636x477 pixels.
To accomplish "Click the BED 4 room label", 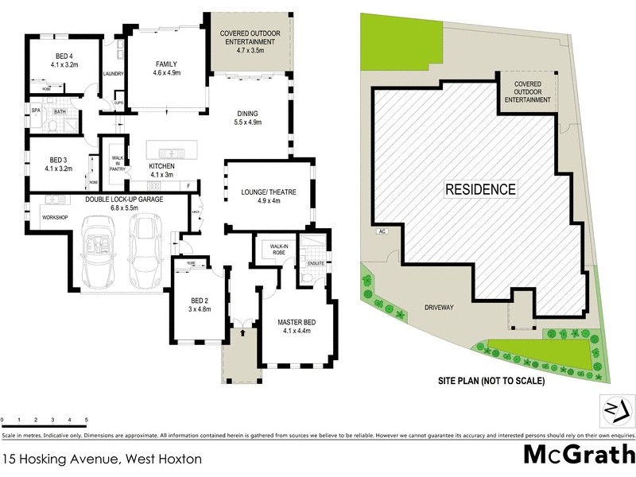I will pos(64,56).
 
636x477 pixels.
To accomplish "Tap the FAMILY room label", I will pos(166,64).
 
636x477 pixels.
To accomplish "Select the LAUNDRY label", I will pos(111,76).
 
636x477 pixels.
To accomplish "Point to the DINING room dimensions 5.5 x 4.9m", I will pos(248,122).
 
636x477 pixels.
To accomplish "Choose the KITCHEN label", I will pos(162,166).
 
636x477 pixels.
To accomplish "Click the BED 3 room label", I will pos(60,159).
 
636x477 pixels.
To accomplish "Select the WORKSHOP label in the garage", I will pos(55,218).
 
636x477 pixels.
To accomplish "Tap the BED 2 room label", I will pos(199,300).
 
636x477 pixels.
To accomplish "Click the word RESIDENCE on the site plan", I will pos(479,189).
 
